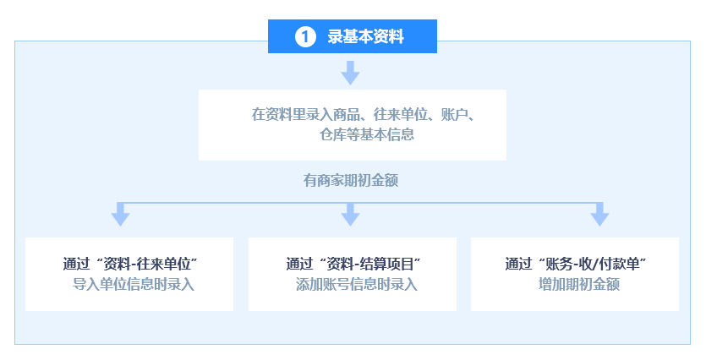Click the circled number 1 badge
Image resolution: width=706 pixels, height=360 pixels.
(x=305, y=36)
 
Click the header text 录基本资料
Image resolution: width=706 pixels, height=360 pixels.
(x=365, y=36)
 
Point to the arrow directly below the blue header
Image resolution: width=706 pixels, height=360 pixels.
(x=350, y=73)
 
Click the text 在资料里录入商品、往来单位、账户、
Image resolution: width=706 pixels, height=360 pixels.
(x=363, y=114)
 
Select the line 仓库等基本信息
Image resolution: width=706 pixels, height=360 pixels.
(x=366, y=134)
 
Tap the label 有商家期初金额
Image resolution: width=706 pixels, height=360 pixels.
(x=351, y=181)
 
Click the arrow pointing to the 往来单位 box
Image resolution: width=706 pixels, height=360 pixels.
(x=120, y=214)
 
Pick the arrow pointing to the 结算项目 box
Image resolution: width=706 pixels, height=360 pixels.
(x=350, y=214)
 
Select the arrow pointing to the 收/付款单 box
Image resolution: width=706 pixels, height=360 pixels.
(x=599, y=214)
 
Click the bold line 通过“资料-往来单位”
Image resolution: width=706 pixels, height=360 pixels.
(x=130, y=264)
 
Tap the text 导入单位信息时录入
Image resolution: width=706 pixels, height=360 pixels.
(x=134, y=285)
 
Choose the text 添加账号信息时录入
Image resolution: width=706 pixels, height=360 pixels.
(x=357, y=285)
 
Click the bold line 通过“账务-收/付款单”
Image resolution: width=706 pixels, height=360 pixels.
(x=576, y=264)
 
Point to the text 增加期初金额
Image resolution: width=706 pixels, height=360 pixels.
(x=579, y=285)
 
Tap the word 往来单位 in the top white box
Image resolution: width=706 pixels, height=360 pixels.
(x=400, y=114)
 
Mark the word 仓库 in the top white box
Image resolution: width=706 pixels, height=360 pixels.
(x=333, y=134)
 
